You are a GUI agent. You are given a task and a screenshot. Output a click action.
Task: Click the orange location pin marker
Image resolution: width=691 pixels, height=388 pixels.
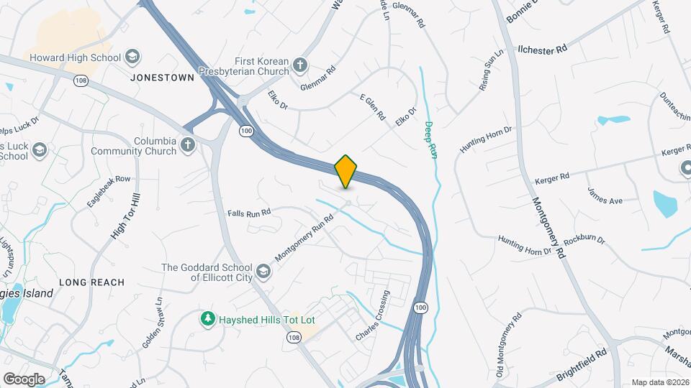point(346,171)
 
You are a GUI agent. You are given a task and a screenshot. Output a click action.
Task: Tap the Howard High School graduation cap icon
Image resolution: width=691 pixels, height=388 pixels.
point(132,57)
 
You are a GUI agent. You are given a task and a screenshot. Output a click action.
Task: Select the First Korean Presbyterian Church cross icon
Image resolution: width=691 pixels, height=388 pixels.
point(301,65)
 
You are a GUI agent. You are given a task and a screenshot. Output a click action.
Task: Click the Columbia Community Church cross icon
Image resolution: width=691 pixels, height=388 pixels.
point(188,145)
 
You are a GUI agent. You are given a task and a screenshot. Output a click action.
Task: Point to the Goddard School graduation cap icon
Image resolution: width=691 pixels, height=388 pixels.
point(264,272)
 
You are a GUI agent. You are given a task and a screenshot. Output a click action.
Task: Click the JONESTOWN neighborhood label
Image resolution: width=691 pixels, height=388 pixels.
point(163,78)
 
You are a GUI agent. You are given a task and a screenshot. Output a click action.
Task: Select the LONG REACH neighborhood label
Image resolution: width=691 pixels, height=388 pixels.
point(91,282)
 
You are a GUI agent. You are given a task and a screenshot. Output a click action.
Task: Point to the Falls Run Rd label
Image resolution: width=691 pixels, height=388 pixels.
point(249,213)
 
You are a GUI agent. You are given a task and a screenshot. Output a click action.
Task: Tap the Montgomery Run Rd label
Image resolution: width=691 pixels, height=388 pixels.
point(304,238)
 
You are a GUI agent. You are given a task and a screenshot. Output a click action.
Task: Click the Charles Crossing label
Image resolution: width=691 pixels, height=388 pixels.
point(373,315)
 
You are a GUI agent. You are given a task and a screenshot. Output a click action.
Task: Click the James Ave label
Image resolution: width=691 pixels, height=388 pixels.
point(605,195)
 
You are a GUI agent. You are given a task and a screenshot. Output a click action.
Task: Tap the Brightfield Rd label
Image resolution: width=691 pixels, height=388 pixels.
point(582,365)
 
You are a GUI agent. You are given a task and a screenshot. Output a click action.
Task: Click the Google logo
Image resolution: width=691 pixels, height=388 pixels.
point(24,379)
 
